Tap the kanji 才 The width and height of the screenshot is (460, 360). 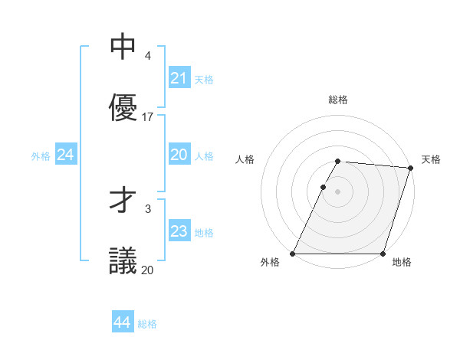tap(123, 201)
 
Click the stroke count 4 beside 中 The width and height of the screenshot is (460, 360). tap(147, 56)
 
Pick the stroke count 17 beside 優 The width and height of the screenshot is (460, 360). tap(148, 117)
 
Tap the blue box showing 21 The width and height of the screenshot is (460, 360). tap(179, 78)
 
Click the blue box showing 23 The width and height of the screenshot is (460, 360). tap(179, 231)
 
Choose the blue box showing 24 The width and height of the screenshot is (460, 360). tap(65, 155)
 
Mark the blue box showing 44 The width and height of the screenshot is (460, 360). tap(122, 323)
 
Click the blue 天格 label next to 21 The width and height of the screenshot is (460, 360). tap(203, 79)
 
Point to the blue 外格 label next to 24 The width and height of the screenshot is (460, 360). tap(41, 155)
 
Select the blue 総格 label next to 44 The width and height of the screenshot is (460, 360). tap(147, 324)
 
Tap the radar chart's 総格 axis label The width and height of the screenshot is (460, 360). tap(338, 100)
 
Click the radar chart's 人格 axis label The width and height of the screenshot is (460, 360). tap(245, 159)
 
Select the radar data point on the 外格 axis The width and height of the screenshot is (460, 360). tap(293, 254)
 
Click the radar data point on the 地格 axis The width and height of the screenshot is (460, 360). tap(383, 254)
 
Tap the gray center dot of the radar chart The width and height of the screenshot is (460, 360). tap(338, 191)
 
